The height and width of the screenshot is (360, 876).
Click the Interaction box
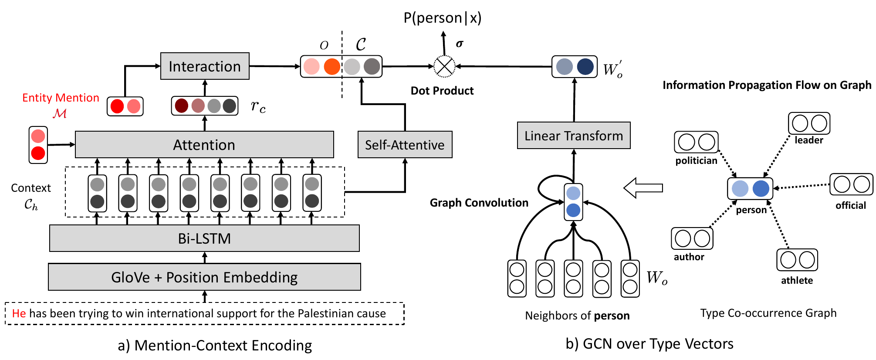205,66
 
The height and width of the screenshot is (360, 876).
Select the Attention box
204,145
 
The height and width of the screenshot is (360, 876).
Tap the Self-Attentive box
405,145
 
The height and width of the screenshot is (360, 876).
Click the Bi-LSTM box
204,238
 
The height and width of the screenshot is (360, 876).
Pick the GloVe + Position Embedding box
204,277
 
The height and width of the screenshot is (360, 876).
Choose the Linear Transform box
574,136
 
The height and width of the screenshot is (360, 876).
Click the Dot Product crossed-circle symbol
444,67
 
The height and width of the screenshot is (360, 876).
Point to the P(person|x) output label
443,18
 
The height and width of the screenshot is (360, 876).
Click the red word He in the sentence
19,313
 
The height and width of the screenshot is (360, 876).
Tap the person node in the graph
750,189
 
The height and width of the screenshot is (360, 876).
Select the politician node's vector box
696,142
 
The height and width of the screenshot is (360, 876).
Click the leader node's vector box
809,123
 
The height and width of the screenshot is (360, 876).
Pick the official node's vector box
851,184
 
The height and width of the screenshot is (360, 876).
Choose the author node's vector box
692,238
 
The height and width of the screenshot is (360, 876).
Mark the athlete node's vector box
797,260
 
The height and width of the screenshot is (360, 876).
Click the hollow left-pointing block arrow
643,188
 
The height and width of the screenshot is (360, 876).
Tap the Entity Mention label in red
61,98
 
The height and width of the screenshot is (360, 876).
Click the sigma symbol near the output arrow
460,44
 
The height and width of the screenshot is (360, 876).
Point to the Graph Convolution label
479,203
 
